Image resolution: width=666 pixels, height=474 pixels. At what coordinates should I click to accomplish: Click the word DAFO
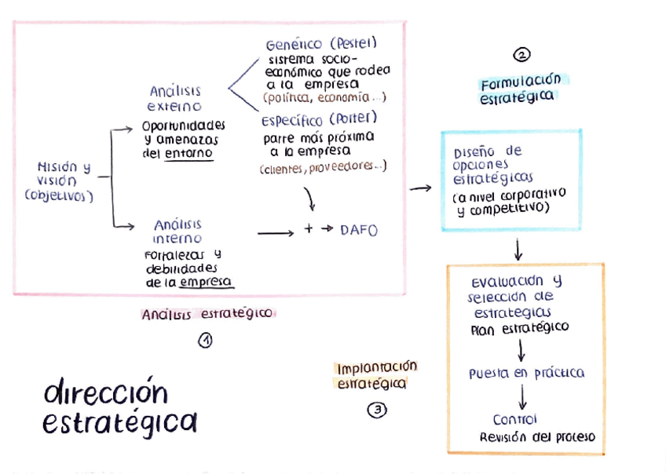359,231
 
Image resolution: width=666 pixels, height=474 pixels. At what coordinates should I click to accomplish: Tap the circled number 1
205,341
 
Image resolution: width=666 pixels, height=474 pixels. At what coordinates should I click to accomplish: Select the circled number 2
521,55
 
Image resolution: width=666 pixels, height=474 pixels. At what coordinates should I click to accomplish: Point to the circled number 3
377,410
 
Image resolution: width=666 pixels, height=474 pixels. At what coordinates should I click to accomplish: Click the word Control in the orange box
514,420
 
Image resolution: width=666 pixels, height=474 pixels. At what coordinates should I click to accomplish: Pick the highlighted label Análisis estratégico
207,314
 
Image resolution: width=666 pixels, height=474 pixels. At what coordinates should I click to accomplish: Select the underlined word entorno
188,154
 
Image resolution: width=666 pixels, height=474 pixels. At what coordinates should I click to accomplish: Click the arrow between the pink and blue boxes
421,188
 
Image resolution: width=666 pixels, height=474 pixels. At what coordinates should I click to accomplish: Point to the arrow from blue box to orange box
518,250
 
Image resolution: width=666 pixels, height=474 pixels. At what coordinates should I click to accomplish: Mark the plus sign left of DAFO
309,231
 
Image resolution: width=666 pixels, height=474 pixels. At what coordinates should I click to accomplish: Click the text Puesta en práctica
526,374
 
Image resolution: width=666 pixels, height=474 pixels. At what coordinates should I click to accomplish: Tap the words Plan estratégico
519,328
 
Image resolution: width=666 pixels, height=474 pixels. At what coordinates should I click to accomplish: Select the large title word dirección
106,392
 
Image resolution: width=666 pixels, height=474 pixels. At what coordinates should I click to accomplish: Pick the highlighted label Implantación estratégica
376,375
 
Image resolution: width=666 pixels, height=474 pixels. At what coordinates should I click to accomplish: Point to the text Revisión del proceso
537,437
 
